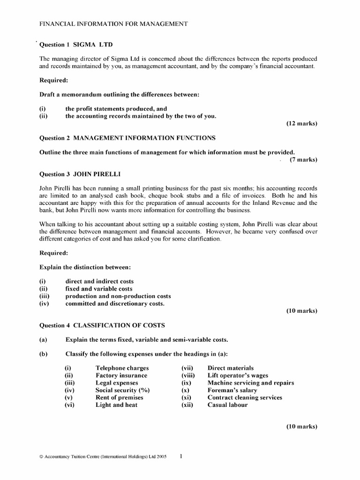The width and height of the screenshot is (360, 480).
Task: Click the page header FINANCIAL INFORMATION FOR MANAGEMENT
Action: point(113,24)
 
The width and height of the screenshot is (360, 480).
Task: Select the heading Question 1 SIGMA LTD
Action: point(76,45)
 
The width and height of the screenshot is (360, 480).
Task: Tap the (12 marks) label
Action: point(301,124)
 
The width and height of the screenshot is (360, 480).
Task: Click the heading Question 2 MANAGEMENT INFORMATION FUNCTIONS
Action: point(127,138)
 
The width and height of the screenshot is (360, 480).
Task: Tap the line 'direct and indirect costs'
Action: point(99,281)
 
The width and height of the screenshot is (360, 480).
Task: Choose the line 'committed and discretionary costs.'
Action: point(115,304)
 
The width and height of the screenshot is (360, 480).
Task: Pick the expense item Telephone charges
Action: point(122,368)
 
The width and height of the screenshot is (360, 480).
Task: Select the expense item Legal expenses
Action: point(117,382)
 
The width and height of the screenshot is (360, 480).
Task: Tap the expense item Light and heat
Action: point(116,405)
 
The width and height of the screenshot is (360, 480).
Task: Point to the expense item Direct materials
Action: point(230,368)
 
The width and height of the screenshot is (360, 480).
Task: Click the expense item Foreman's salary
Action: point(232,390)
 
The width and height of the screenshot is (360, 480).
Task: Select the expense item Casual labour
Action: point(227,405)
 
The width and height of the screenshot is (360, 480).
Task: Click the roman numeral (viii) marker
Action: point(188,375)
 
